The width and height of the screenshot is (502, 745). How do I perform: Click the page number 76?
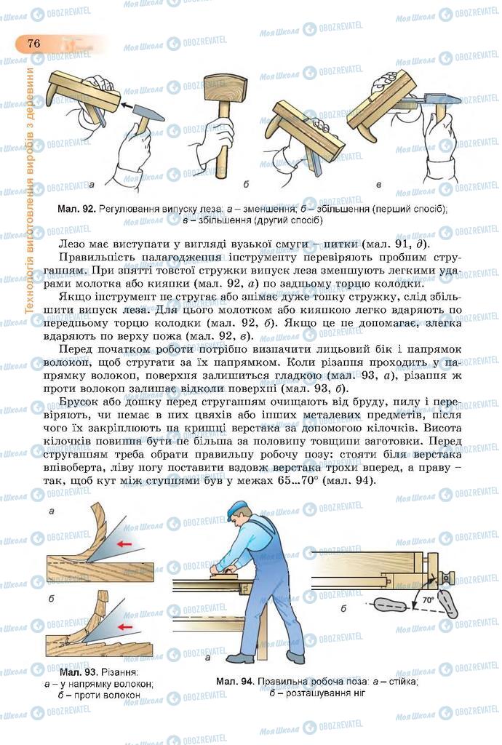coord(33,43)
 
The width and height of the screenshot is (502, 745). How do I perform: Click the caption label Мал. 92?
coord(76,209)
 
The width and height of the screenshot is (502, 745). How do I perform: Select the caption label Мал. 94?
coord(234,682)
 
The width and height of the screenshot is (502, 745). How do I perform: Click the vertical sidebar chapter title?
coord(30,189)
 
